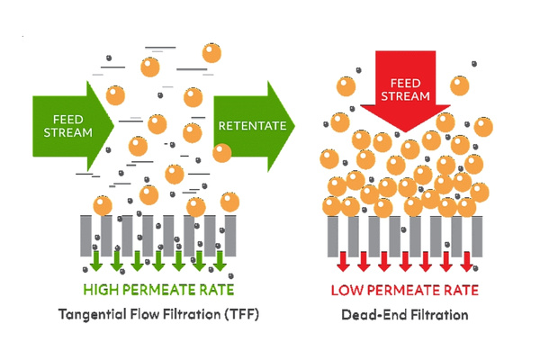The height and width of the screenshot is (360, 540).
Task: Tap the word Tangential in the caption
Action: [x=93, y=315]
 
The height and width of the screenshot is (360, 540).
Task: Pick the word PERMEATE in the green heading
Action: [x=160, y=289]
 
